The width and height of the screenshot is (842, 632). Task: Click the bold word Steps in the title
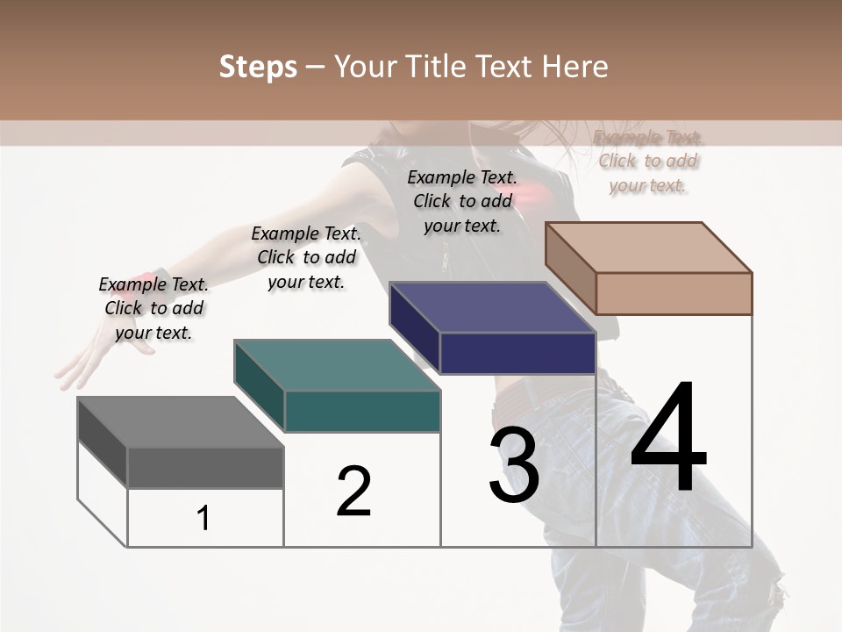point(258,67)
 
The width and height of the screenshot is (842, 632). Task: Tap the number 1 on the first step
point(203,519)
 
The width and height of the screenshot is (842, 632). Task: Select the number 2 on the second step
point(353,492)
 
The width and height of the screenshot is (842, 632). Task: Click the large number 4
point(668,439)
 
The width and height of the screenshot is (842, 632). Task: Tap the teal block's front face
point(362,411)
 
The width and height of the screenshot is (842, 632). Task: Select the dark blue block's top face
point(492,308)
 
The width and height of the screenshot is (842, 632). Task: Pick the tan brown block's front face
point(674,293)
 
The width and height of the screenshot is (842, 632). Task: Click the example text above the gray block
point(153,308)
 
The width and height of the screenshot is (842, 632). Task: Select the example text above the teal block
point(306,257)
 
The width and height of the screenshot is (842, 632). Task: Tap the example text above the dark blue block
point(462,201)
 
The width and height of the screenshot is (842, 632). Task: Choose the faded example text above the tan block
point(648,162)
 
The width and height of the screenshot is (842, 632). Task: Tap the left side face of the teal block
point(259,387)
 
